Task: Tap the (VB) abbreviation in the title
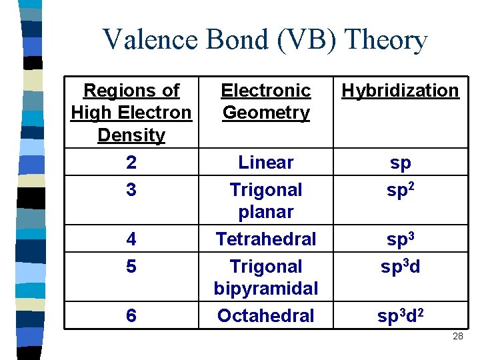coord(302,41)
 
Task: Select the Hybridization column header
coord(400,91)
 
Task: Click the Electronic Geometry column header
coord(266,101)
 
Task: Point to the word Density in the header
coord(131,135)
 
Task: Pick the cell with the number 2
coord(131,163)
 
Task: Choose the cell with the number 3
coord(131,190)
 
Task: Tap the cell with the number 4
coord(131,239)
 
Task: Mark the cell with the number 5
coord(131,267)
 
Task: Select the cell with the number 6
coord(131,316)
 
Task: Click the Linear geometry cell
coord(266,163)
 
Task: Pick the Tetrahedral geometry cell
coord(266,239)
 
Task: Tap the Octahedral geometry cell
coord(266,316)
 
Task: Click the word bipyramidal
coord(266,289)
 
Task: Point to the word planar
coord(266,212)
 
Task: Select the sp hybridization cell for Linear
coord(400,163)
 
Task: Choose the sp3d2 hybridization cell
coord(400,316)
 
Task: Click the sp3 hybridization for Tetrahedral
coord(400,239)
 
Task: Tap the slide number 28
coord(458,337)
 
